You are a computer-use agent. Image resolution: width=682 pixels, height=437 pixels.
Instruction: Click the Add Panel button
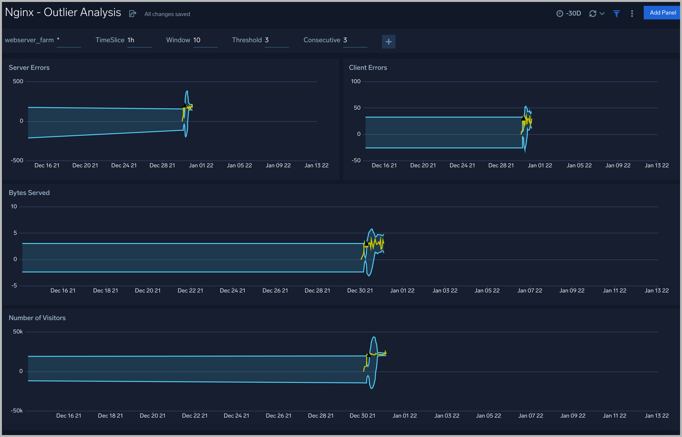[x=662, y=13]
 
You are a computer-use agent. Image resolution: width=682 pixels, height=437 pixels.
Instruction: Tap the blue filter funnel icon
[x=616, y=14]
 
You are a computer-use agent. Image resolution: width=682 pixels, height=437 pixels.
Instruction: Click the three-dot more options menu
[x=632, y=14]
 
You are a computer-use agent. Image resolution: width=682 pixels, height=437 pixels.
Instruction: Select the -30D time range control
[x=569, y=13]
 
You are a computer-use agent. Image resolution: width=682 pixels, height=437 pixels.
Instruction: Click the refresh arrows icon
[x=593, y=14]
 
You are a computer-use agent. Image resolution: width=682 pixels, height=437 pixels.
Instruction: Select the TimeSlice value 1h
[x=131, y=40]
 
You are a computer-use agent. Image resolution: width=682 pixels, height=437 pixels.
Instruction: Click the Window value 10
[x=197, y=40]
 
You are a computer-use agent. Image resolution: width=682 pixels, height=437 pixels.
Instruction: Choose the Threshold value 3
[x=267, y=40]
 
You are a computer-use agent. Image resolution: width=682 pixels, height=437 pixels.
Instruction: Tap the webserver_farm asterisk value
[x=58, y=40]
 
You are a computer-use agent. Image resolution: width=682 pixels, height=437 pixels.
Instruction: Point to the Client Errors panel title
[x=368, y=67]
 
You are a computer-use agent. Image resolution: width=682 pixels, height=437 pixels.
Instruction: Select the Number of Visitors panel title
[x=37, y=318]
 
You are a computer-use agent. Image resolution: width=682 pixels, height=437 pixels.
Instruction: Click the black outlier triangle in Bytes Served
[x=366, y=243]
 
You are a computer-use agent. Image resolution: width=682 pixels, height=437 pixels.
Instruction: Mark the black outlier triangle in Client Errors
[x=523, y=118]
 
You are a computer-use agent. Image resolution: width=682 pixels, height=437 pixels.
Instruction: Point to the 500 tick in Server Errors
[x=18, y=81]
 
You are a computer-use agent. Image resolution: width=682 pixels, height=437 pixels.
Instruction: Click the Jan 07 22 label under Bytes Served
[x=530, y=291]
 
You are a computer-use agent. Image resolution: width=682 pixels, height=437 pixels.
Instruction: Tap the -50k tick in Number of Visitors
[x=17, y=411]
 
